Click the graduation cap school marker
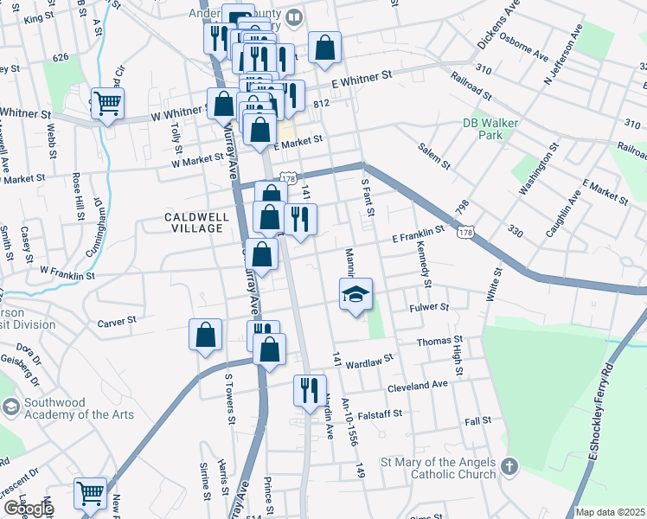point(356,296)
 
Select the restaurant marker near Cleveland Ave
point(308,390)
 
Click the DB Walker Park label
point(490,129)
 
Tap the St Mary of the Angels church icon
point(510,467)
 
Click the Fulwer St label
point(431,307)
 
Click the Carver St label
point(117,320)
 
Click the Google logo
point(28,509)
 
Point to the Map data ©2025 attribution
point(611,512)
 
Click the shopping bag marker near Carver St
point(205,336)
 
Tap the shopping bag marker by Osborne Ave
point(324,48)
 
